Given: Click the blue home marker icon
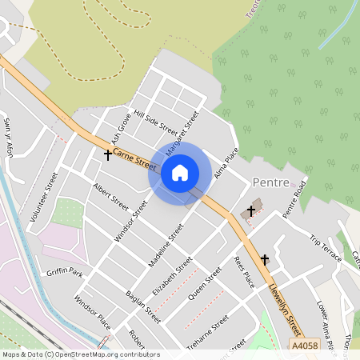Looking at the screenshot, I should point(180,172).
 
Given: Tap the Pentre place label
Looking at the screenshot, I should point(270,182).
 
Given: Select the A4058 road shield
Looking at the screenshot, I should point(305,345).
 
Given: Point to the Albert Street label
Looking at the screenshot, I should point(110,196).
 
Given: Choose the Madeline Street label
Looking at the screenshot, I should point(166,244).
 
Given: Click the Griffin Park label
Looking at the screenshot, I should point(65,272).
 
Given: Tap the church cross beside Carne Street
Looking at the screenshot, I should point(108,154).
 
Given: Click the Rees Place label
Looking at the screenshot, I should point(243,272).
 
